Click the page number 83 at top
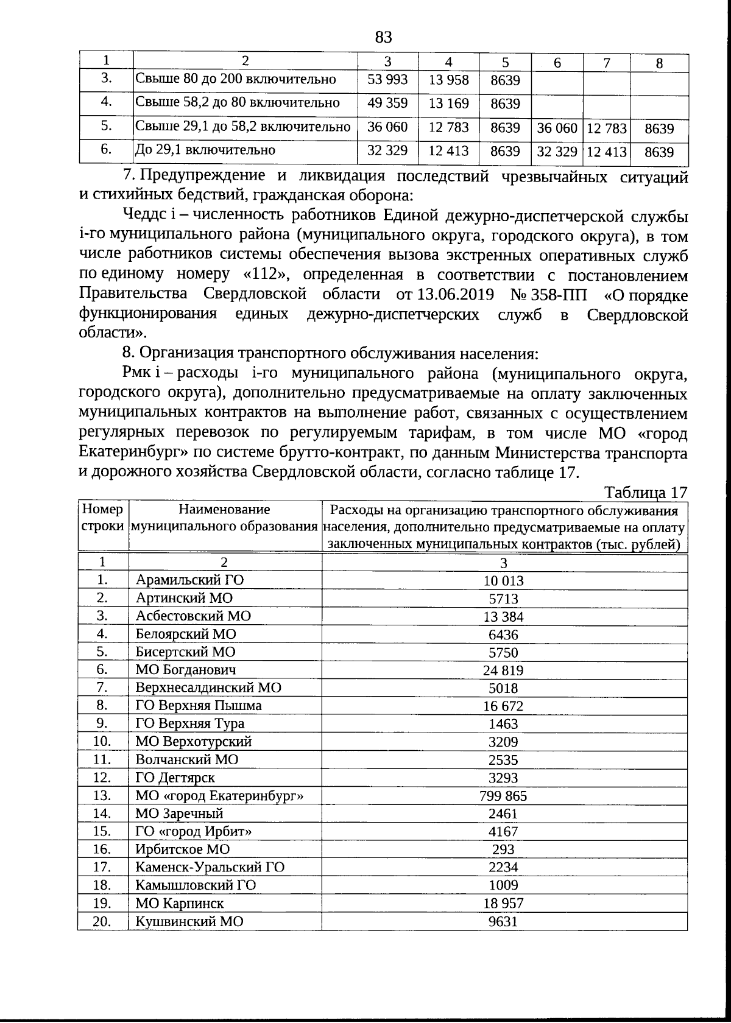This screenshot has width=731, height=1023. [383, 38]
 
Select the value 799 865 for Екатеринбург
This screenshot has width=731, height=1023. [503, 796]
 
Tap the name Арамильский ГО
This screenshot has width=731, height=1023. [189, 580]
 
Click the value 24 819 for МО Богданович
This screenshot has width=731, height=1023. [503, 670]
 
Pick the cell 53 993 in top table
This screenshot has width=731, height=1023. [387, 79]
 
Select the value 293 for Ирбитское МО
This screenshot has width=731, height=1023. [503, 849]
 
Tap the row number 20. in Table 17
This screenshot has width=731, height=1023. [102, 921]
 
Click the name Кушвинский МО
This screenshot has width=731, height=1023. [189, 921]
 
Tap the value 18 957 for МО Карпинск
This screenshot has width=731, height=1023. [503, 904]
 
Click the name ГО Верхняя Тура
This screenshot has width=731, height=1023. [189, 723]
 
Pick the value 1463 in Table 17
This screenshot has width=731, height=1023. [503, 724]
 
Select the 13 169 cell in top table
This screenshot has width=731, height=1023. [448, 103]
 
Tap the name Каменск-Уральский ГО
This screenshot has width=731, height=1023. [210, 867]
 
